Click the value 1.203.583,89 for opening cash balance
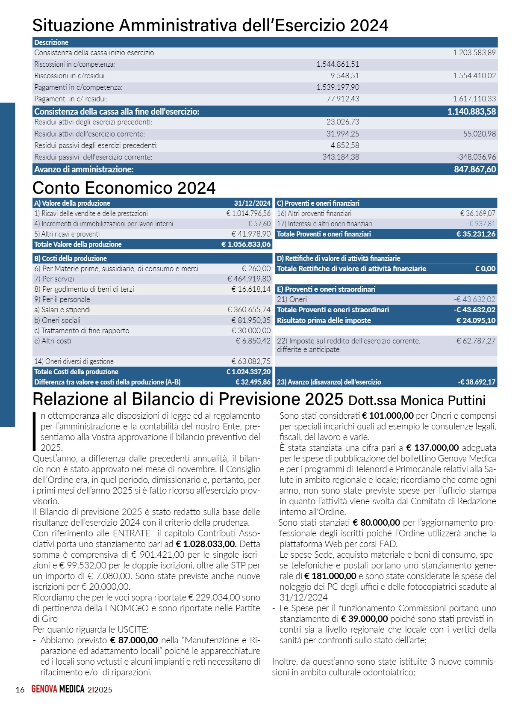pyautogui.click(x=474, y=53)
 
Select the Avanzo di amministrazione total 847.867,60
pyautogui.click(x=475, y=169)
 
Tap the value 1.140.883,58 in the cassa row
pyautogui.click(x=471, y=112)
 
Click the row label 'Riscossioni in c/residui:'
pyautogui.click(x=70, y=76)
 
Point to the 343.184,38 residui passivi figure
pyautogui.click(x=341, y=157)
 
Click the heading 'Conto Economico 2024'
pyautogui.click(x=124, y=188)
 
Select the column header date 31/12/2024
pyautogui.click(x=252, y=203)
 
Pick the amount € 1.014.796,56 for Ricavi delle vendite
pyautogui.click(x=248, y=213)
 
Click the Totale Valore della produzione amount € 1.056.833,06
pyautogui.click(x=246, y=244)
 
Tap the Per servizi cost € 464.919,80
pyautogui.click(x=249, y=279)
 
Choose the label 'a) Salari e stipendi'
pyautogui.click(x=62, y=310)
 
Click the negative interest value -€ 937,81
pyautogui.click(x=481, y=224)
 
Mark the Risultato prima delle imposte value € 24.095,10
pyautogui.click(x=476, y=320)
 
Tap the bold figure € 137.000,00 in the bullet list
pyautogui.click(x=432, y=448)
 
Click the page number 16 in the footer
pyautogui.click(x=20, y=689)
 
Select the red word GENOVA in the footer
pyautogui.click(x=44, y=689)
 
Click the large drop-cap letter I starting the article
pyautogui.click(x=35, y=431)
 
